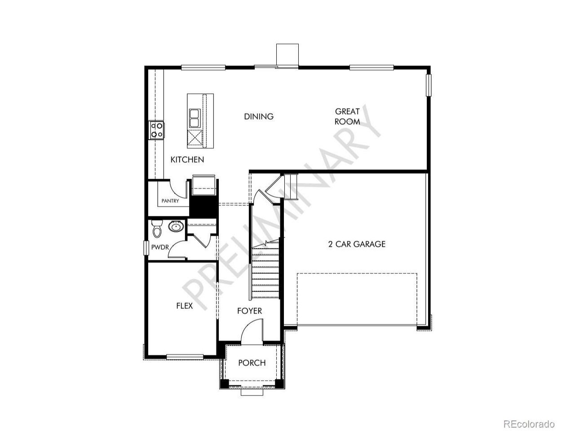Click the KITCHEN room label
(x=187, y=160)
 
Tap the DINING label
(x=259, y=116)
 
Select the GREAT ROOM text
(x=347, y=116)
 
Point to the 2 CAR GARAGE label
(x=357, y=244)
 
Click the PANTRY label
(x=170, y=201)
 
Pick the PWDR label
(x=160, y=247)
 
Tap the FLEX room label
(x=185, y=306)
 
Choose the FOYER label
(x=249, y=311)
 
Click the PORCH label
(x=252, y=363)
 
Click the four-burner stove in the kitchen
(x=157, y=130)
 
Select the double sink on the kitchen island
(x=195, y=118)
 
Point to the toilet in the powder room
(x=157, y=229)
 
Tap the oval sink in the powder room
(x=176, y=227)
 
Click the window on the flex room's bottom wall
(x=185, y=356)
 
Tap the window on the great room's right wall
(x=429, y=85)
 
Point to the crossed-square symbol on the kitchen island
(x=195, y=138)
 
